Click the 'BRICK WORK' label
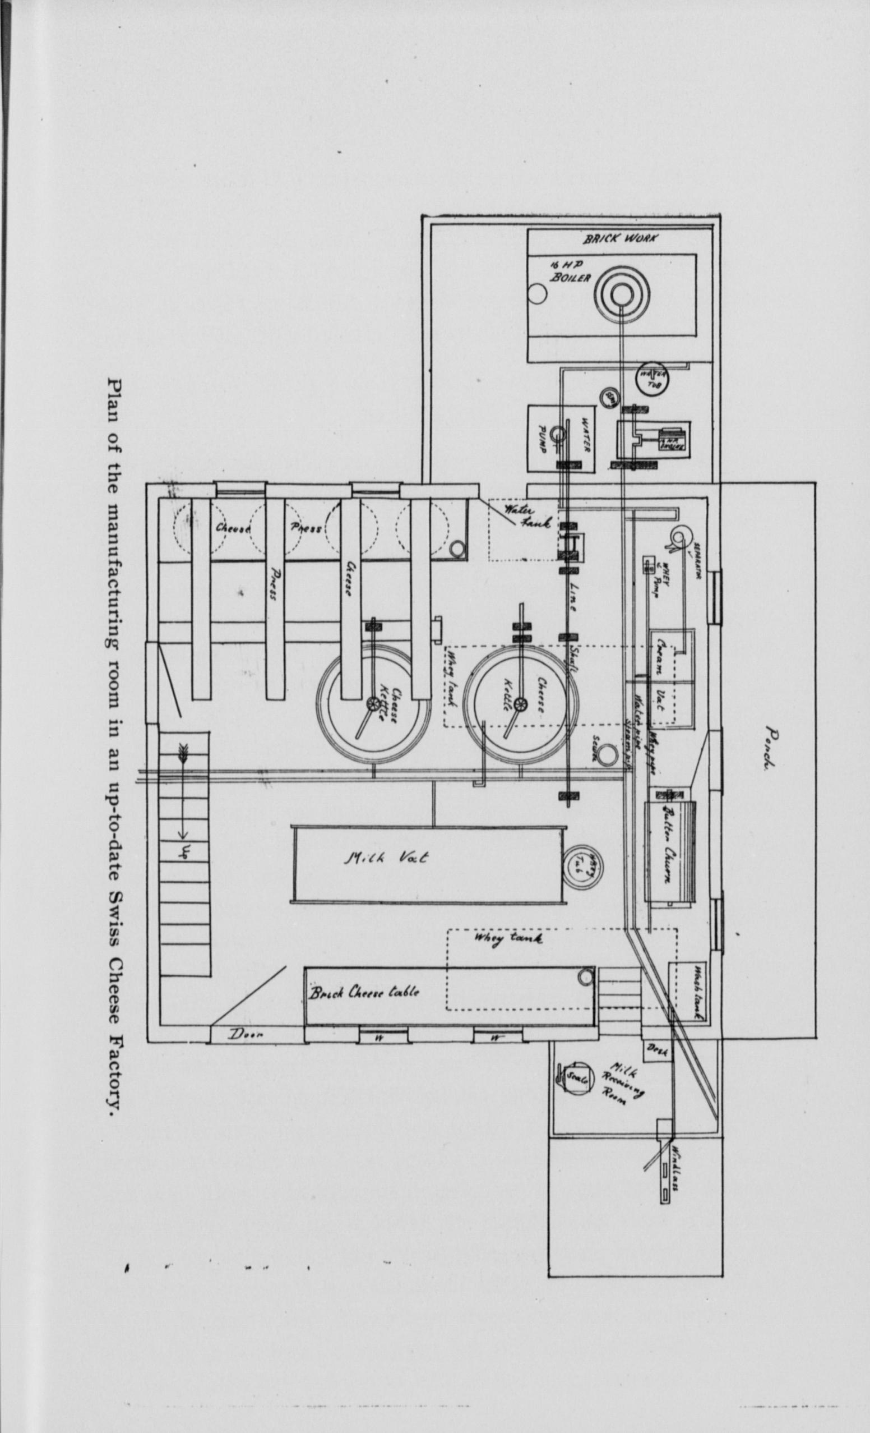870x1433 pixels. click(x=620, y=239)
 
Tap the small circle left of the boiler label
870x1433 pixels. click(x=539, y=294)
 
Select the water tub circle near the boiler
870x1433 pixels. click(x=653, y=379)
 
